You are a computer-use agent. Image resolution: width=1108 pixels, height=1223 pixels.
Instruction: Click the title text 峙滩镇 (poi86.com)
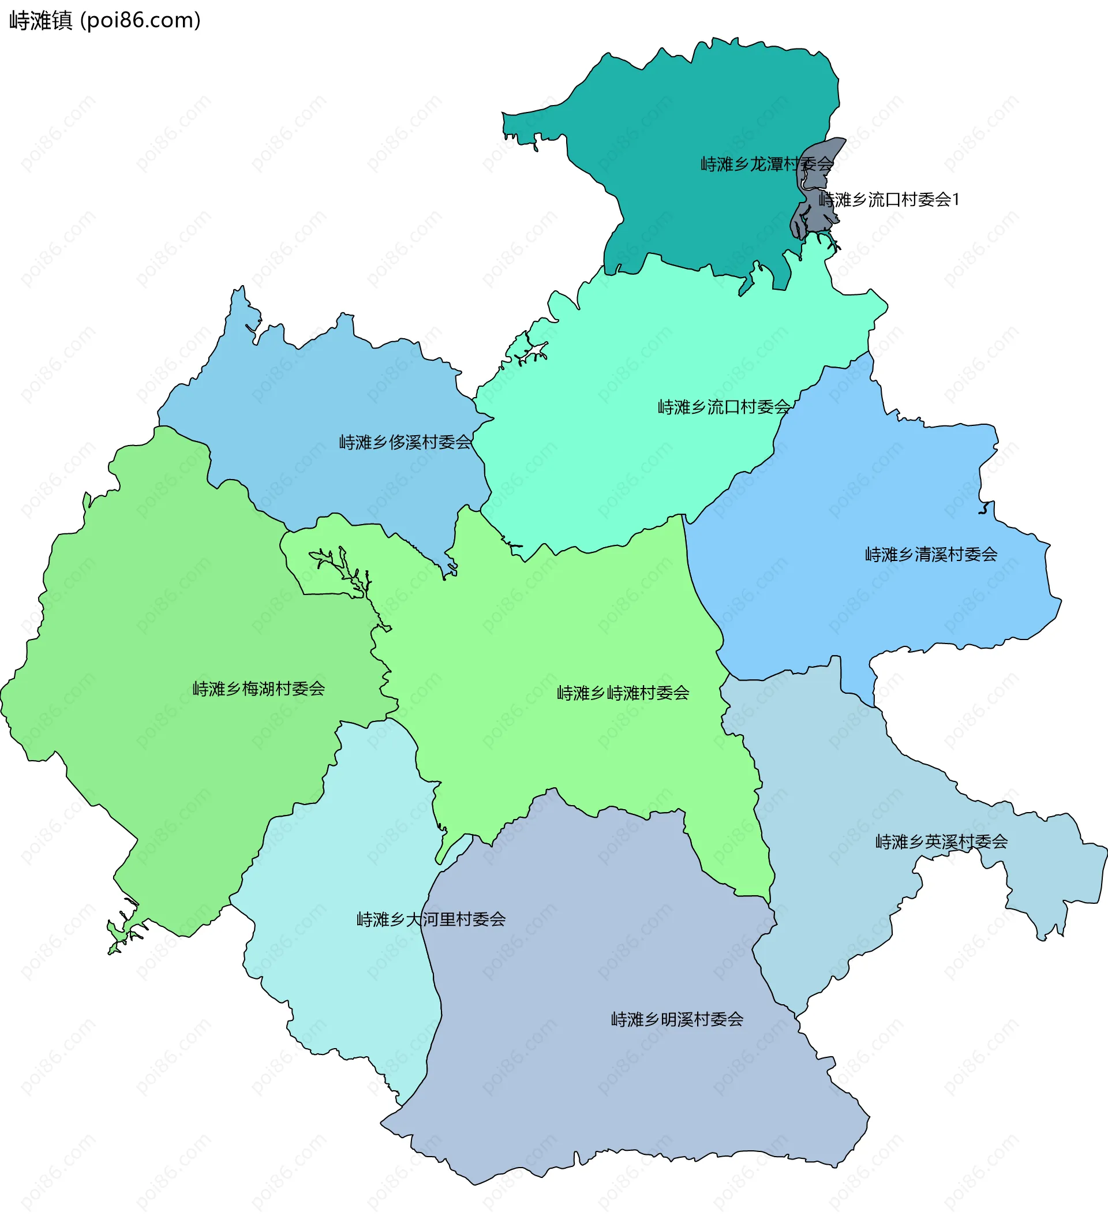pyautogui.click(x=104, y=21)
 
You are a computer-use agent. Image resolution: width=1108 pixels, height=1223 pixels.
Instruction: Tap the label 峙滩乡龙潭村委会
pyautogui.click(x=767, y=164)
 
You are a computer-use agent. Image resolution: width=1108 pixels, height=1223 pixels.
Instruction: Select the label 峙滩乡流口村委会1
pyautogui.click(x=889, y=200)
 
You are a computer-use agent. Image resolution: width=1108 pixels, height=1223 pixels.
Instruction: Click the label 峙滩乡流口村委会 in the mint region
pyautogui.click(x=724, y=407)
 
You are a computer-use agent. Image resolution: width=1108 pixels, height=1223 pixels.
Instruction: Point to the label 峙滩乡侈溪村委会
pyautogui.click(x=405, y=442)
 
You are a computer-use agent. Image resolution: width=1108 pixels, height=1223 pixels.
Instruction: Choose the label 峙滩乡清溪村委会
pyautogui.click(x=931, y=555)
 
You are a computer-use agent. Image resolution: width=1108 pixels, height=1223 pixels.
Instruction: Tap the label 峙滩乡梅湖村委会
pyautogui.click(x=259, y=689)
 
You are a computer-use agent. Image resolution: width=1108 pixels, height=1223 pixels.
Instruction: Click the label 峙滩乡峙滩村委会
pyautogui.click(x=623, y=693)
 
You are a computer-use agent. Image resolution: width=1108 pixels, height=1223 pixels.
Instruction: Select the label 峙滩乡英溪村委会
pyautogui.click(x=941, y=842)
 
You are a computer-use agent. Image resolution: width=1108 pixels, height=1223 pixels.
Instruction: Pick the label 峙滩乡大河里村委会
pyautogui.click(x=431, y=919)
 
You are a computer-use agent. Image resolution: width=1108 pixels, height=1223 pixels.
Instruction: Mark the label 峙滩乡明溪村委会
pyautogui.click(x=677, y=1020)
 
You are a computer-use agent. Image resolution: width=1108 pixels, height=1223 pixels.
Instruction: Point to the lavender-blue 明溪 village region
pyautogui.click(x=607, y=1092)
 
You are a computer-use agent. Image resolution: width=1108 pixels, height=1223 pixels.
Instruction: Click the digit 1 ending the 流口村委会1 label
pyautogui.click(x=956, y=200)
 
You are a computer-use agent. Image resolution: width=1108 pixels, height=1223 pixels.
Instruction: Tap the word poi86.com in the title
pyautogui.click(x=139, y=21)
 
